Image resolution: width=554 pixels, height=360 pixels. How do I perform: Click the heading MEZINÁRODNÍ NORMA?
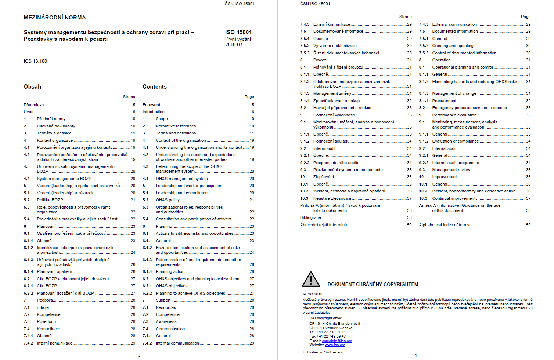pyautogui.click(x=55, y=18)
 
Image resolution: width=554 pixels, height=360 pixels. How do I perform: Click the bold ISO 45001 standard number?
pyautogui.click(x=238, y=32)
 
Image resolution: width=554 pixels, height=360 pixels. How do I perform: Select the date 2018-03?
pyautogui.click(x=234, y=45)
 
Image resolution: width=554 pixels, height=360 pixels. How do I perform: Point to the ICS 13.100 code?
pyautogui.click(x=35, y=61)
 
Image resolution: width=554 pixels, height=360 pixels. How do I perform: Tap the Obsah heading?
pyautogui.click(x=32, y=87)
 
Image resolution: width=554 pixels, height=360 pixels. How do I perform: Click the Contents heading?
pyautogui.click(x=154, y=87)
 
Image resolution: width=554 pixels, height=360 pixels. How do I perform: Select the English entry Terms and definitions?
pyautogui.click(x=176, y=133)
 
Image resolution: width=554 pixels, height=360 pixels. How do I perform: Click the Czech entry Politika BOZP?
pyautogui.click(x=50, y=200)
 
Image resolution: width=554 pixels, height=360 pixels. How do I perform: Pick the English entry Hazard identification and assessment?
pyautogui.click(x=198, y=248)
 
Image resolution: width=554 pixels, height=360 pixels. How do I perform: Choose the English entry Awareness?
pyautogui.click(x=166, y=321)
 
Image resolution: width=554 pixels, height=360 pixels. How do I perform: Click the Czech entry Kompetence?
pyautogui.click(x=48, y=314)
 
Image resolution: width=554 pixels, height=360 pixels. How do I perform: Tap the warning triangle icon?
pyautogui.click(x=311, y=280)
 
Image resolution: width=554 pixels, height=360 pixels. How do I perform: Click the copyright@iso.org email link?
pyautogui.click(x=337, y=341)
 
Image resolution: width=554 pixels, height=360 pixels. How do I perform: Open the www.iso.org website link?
pyautogui.click(x=335, y=345)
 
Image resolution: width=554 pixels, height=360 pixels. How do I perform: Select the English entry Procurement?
pyautogui.click(x=444, y=101)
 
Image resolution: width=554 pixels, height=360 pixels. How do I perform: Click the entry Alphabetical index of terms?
pyautogui.click(x=444, y=225)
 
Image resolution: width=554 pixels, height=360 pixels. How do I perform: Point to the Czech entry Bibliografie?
pyautogui.click(x=310, y=217)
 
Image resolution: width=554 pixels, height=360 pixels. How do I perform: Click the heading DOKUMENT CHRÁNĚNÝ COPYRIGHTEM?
pyautogui.click(x=373, y=284)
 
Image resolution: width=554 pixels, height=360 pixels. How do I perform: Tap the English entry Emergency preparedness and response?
pyautogui.click(x=469, y=108)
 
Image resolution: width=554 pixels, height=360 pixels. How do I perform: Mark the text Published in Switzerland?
pyautogui.click(x=323, y=352)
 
